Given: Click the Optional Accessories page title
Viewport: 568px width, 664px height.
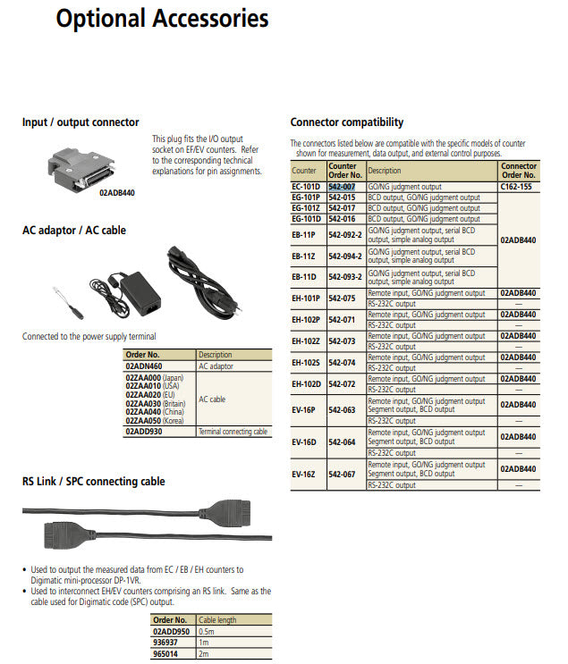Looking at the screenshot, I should pyautogui.click(x=161, y=19).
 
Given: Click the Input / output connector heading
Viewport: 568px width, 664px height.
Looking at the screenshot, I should pyautogui.click(x=80, y=122).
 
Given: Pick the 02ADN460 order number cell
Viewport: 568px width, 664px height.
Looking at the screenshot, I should pyautogui.click(x=144, y=366).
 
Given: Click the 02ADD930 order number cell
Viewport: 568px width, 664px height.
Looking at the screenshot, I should pyautogui.click(x=144, y=432).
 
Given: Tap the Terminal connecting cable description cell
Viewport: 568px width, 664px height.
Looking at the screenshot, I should pyautogui.click(x=233, y=432).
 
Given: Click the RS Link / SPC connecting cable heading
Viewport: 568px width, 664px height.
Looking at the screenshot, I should pyautogui.click(x=94, y=481).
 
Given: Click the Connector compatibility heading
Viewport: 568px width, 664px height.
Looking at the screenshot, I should pyautogui.click(x=346, y=122).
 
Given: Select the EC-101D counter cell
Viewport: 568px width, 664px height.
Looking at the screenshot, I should pyautogui.click(x=306, y=186).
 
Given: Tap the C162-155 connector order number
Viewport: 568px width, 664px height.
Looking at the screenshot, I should pyautogui.click(x=518, y=186).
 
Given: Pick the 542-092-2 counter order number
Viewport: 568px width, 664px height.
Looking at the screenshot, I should pyautogui.click(x=345, y=235).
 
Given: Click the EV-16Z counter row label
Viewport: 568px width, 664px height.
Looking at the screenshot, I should pyautogui.click(x=305, y=474).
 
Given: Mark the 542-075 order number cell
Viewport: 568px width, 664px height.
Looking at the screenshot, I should pyautogui.click(x=342, y=298).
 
